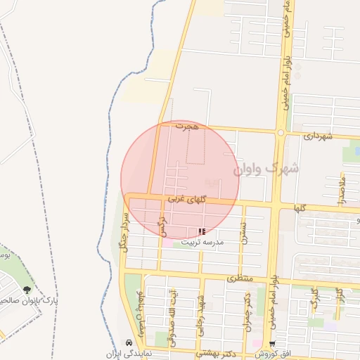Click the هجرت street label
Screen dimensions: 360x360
pos(188,127)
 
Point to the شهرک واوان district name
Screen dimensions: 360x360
pos(265,169)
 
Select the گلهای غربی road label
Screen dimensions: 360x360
pos(186,200)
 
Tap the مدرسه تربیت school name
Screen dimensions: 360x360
pos(202,242)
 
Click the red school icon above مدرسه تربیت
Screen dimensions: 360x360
pos(202,231)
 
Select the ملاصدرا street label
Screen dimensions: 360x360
pos(342,190)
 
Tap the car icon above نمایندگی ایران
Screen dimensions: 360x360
pos(128,343)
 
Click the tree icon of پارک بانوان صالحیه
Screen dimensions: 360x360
pos(27,290)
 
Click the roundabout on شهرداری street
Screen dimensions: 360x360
pos(280,132)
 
